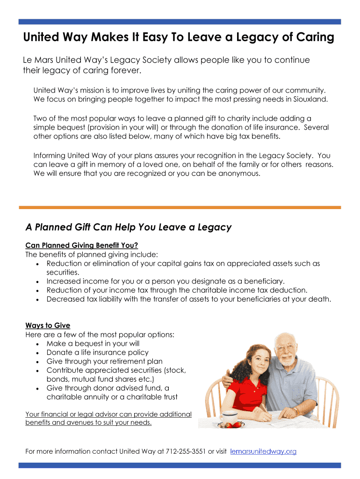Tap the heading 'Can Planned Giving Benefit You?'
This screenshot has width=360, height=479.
[82, 245]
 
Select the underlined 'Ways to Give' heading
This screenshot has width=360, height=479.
[48, 326]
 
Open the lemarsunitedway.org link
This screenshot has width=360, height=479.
[264, 451]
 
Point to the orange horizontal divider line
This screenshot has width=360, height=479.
[180, 207]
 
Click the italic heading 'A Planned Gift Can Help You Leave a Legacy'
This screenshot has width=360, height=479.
[129, 227]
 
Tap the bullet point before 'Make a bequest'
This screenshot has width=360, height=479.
[37, 344]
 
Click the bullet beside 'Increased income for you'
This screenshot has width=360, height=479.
[37, 282]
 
